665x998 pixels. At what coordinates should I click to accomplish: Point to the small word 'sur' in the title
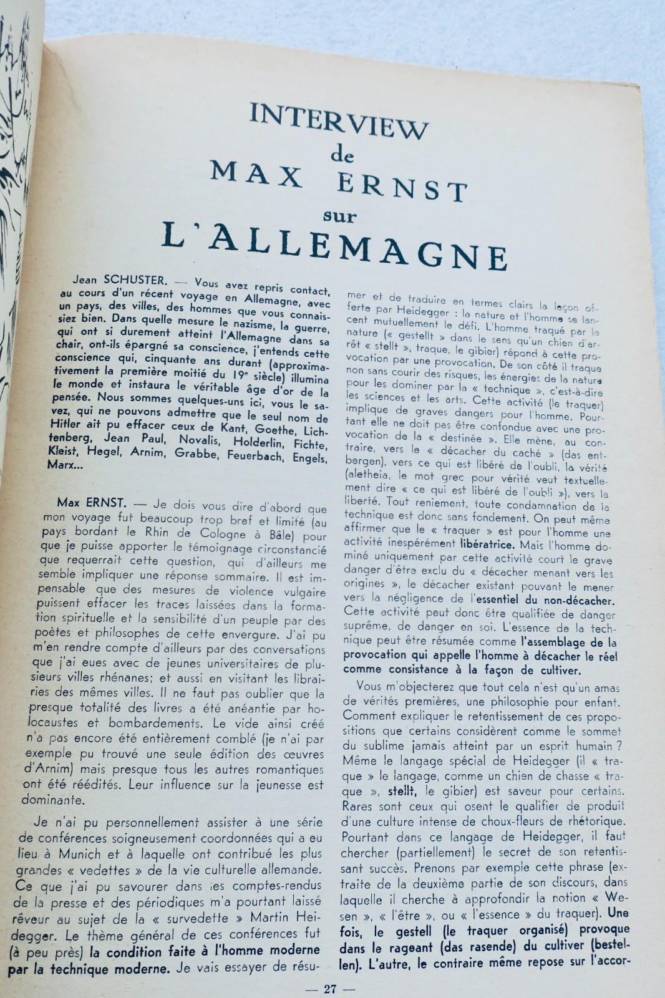click(340, 216)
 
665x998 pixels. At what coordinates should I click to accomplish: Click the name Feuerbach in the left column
click(241, 458)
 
